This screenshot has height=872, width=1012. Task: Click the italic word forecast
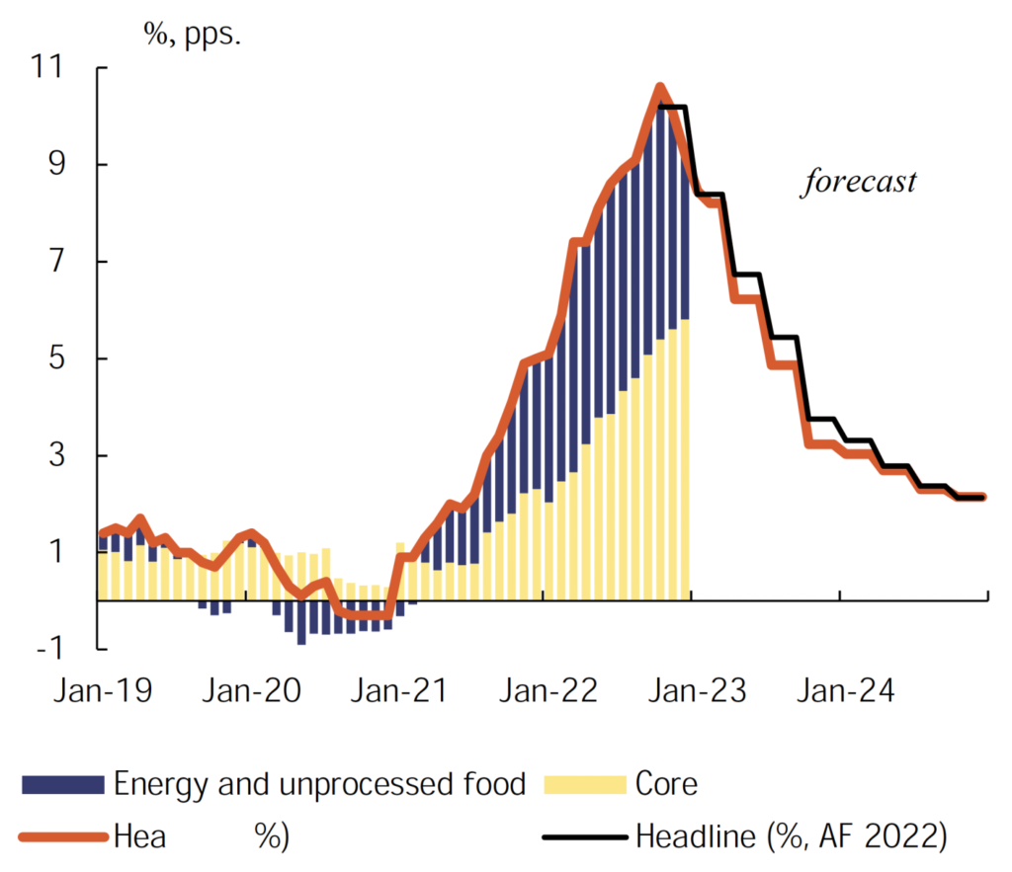point(858,183)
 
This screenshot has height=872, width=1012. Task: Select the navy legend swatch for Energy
point(62,785)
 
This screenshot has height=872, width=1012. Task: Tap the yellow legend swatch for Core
point(585,785)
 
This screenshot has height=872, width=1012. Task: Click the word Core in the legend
point(667,785)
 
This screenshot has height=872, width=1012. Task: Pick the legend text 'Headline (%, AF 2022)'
point(791,837)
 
